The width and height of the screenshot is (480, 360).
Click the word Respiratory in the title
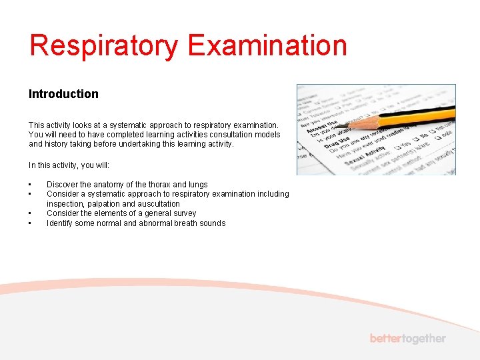(104, 46)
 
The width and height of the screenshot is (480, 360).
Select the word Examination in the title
(267, 46)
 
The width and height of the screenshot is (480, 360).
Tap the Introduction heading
(63, 94)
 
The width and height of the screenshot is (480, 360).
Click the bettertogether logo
(407, 339)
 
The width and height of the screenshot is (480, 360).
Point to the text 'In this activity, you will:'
(69, 165)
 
